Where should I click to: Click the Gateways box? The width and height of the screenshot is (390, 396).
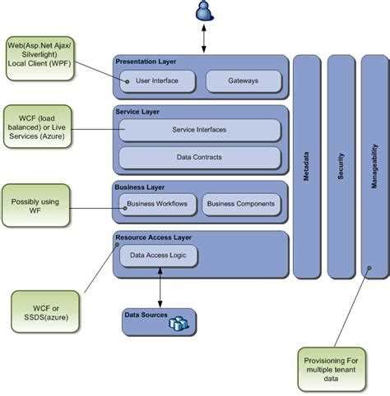coord(243,81)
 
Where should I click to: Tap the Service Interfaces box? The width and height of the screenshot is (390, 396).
coord(200,130)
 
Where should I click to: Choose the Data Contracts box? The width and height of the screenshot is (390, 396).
coord(200,156)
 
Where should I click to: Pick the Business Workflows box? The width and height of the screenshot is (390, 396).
coord(158,204)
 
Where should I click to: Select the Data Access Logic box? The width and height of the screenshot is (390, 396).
coord(159,256)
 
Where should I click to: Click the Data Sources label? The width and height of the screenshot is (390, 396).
coord(146,315)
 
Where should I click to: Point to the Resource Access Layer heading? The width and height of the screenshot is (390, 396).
coord(154,237)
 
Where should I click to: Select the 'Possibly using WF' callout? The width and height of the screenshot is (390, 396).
coord(35,205)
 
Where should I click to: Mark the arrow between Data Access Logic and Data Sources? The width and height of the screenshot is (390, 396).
coord(160,288)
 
